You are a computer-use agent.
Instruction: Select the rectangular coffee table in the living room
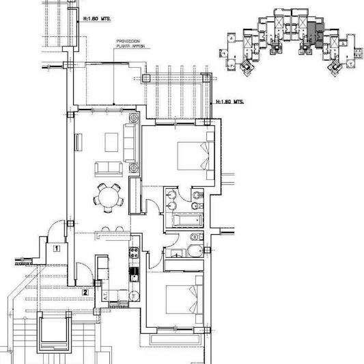[111, 142]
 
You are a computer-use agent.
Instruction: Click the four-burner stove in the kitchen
[135, 254]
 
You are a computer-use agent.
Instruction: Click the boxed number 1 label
[55, 249]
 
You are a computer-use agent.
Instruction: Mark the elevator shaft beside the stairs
[54, 335]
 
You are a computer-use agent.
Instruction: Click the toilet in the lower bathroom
[193, 250]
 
